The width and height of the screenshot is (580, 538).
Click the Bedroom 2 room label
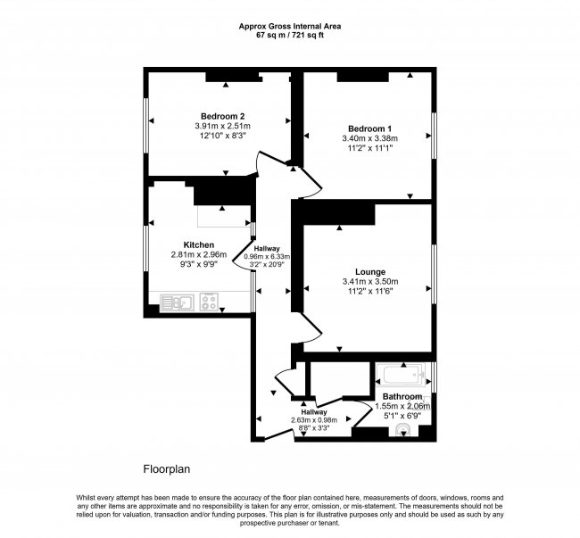coord(223,116)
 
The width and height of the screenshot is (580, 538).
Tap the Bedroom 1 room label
coord(369,128)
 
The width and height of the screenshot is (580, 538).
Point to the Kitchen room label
coord(199,244)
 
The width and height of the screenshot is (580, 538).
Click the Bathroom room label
coord(402,396)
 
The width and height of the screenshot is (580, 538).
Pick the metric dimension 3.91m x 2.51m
coord(223,126)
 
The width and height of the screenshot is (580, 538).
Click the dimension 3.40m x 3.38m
coord(369,138)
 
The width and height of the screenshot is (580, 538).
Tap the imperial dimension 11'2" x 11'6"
coord(369,291)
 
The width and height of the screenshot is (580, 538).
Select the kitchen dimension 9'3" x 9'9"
coord(199,266)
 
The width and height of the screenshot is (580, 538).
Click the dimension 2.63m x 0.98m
coord(313,420)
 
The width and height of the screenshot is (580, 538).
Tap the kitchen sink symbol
coord(175,302)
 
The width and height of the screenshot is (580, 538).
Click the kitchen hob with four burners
coord(211,302)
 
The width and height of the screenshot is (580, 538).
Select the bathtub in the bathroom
coord(402,374)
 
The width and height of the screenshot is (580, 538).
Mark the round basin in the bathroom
coord(403,432)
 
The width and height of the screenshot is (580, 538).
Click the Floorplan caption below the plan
coord(167,468)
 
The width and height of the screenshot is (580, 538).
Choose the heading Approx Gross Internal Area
coord(289,26)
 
